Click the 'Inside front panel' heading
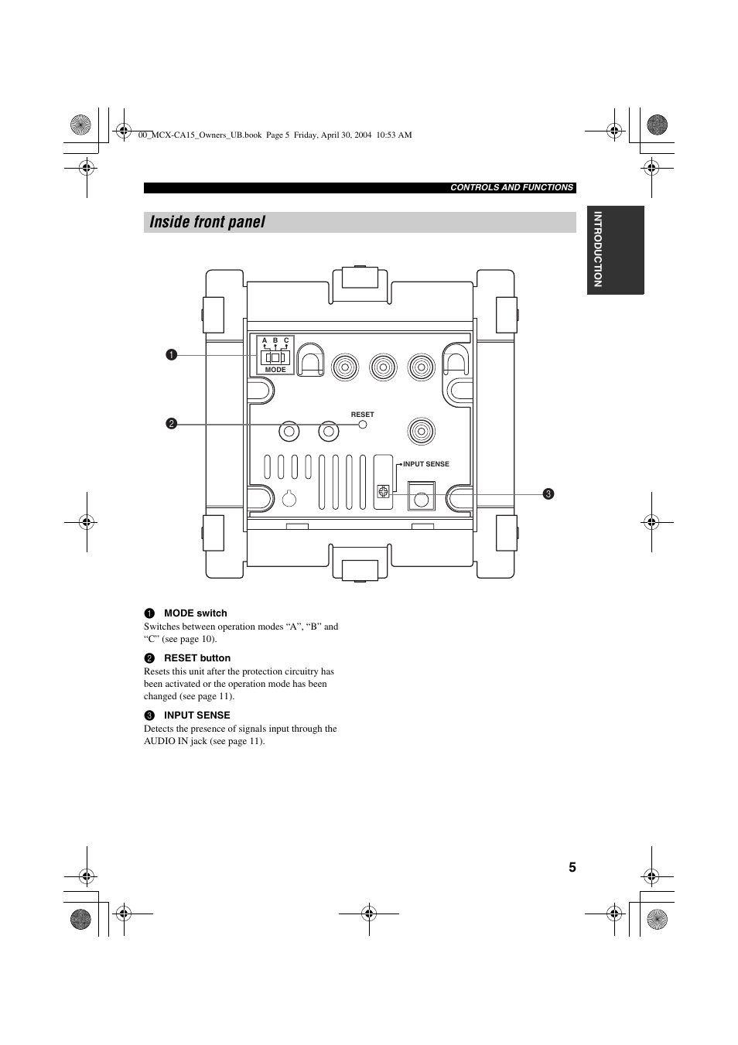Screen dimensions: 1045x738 (207, 222)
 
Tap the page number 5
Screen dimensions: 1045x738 (572, 867)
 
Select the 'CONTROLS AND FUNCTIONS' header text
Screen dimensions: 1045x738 (511, 187)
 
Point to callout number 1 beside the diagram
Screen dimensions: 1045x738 (171, 355)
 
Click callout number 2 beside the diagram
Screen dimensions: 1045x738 (171, 424)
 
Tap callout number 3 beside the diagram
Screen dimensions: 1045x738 (548, 493)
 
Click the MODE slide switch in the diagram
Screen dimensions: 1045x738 (275, 357)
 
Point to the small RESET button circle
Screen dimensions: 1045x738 (362, 425)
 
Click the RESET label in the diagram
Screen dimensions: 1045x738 (362, 415)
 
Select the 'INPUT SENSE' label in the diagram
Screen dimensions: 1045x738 (425, 464)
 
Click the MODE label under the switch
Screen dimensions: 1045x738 (275, 370)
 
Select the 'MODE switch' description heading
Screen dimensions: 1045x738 (195, 613)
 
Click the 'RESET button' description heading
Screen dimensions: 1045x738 (196, 658)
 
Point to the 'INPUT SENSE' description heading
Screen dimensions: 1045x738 (196, 715)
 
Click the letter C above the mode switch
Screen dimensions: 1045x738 (286, 340)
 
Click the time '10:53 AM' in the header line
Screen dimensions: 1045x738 (394, 135)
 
